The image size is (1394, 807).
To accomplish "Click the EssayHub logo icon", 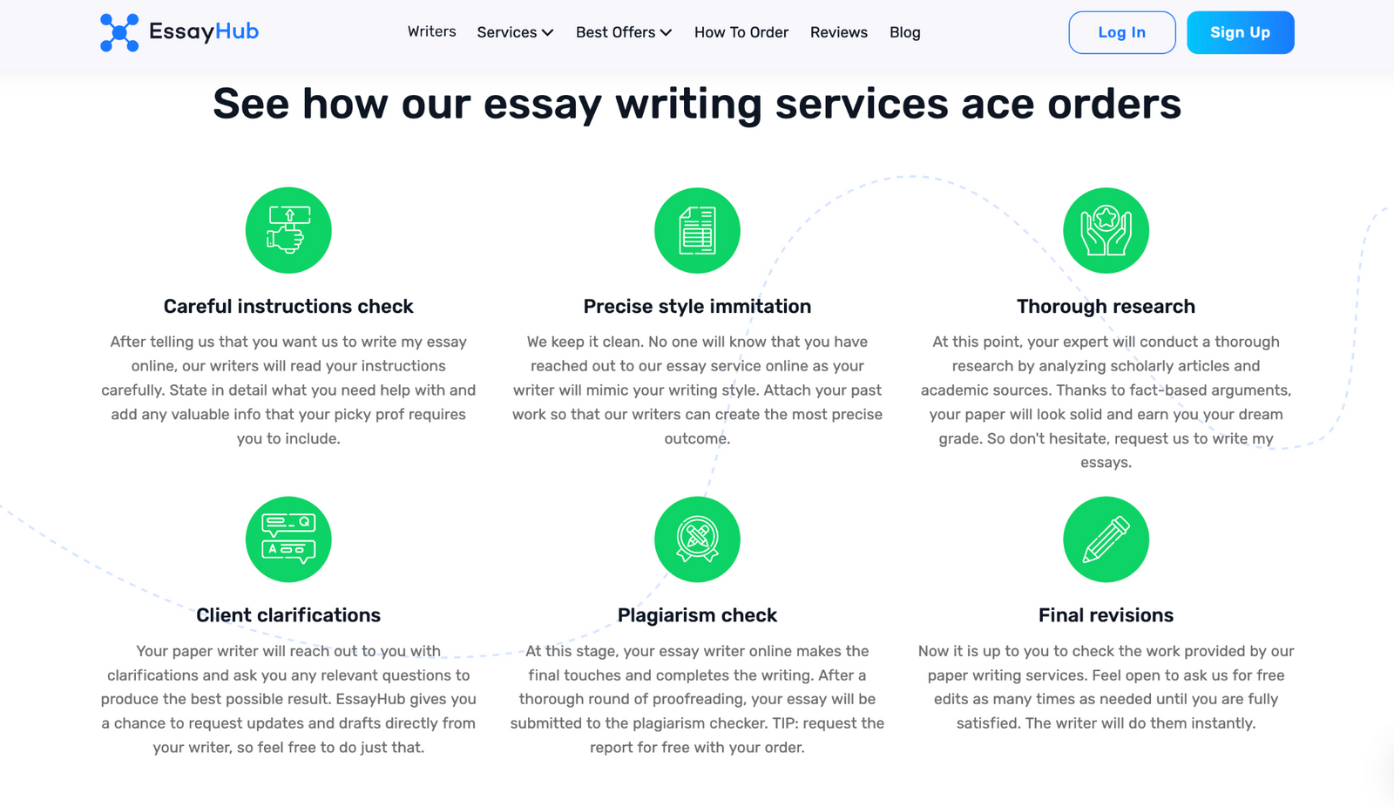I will coord(119,33).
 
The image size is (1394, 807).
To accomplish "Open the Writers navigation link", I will coord(431,32).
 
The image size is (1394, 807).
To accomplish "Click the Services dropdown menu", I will coord(515,33).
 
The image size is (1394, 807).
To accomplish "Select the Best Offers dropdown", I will coord(624,33).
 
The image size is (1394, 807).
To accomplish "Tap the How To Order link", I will coord(741,33).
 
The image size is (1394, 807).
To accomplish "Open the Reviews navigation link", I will coord(838,33).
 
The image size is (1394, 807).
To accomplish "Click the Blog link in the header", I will coord(904,33).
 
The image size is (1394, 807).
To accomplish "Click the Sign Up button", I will coord(1240,33).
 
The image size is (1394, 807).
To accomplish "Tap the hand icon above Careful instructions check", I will coord(288,230).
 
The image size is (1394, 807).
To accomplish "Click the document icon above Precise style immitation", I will coord(697,230).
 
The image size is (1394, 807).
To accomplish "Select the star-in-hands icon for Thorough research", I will coord(1106,230).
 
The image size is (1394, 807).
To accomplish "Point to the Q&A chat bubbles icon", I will coord(288,539).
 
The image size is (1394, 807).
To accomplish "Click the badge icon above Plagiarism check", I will coord(697,539).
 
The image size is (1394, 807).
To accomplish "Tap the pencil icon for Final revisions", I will coord(1106,539).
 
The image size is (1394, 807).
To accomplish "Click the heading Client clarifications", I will coord(288,615).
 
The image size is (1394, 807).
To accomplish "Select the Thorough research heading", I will coord(1106,307).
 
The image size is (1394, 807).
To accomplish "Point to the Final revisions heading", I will coord(1106,615).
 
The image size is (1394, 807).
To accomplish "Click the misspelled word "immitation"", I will coord(758,307).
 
